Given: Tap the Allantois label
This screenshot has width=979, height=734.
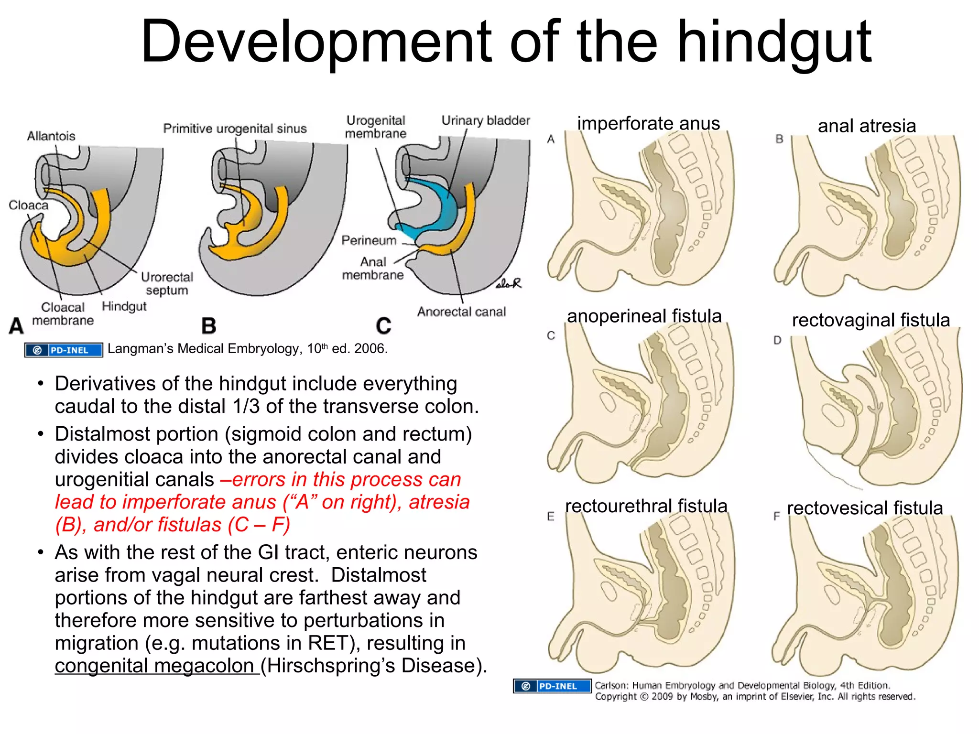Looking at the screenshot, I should [51, 136].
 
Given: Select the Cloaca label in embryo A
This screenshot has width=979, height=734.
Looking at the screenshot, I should [29, 205].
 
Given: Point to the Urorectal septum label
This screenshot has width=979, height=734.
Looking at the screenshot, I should [167, 283].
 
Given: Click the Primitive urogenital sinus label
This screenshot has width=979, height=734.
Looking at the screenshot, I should [235, 129].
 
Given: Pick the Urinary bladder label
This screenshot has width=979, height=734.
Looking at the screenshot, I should [485, 120].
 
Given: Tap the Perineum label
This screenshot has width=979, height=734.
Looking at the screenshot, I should [369, 240].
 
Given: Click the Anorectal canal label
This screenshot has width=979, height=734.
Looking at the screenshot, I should [461, 312].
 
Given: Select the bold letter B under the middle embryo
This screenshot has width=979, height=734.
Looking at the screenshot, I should [209, 326].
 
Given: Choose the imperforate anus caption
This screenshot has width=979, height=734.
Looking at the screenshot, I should [648, 123].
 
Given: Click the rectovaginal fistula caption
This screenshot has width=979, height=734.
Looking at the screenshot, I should [870, 320].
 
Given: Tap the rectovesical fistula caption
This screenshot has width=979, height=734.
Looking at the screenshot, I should [865, 508].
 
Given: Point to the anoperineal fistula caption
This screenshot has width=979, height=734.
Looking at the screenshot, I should [644, 316].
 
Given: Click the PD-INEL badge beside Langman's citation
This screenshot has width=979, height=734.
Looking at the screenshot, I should [64, 350].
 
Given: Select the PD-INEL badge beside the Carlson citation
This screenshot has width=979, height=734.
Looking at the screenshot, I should [552, 686].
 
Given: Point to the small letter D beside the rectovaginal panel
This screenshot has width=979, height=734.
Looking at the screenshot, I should [778, 340].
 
